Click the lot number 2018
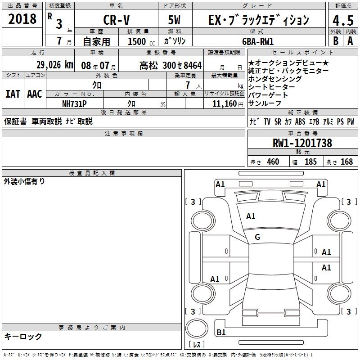point(22,19)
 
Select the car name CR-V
point(117,20)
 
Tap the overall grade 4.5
point(343,21)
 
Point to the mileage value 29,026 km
point(55,65)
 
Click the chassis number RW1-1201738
point(302,143)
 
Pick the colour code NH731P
point(74,104)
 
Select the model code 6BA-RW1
point(258,41)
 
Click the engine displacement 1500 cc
point(141,41)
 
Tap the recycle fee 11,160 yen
point(228,104)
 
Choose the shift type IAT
point(13,94)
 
